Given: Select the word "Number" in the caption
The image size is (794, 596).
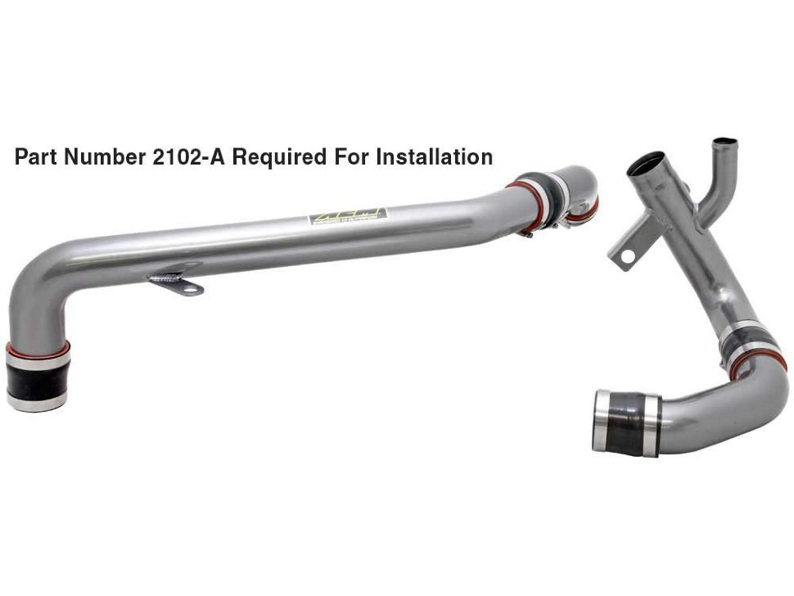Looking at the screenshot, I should point(104,157).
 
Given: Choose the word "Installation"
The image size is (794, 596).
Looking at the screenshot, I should point(434,157).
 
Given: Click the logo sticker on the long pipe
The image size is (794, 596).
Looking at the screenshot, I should point(347,216).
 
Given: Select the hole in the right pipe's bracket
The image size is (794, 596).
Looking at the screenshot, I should point(628,256).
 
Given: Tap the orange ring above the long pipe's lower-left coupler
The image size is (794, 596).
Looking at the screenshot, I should point(38,349).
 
